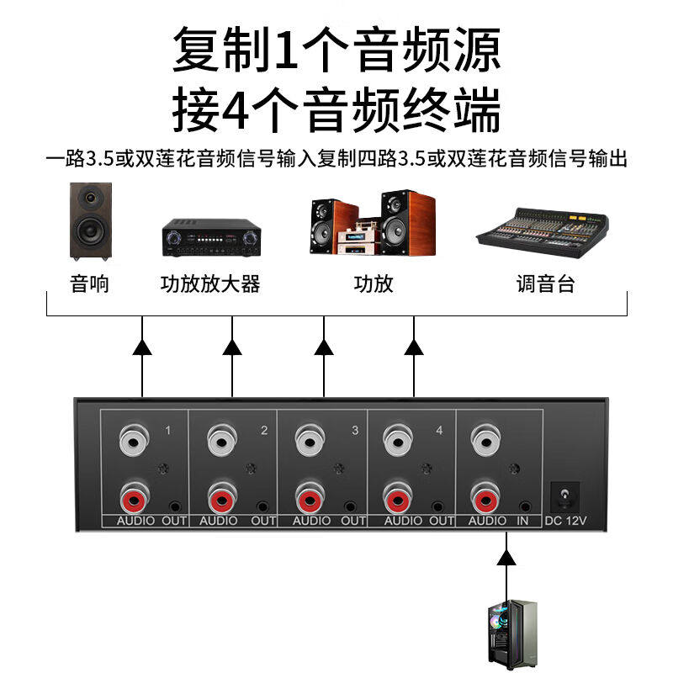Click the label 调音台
pos(545,284)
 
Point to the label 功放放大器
pos(209,284)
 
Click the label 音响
pos(90,284)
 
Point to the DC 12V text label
pos(565,521)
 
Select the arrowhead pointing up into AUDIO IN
pos(505,557)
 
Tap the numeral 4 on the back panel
pos(438,432)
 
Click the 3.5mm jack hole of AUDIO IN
pos(526,507)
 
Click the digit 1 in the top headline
pos(287,49)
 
